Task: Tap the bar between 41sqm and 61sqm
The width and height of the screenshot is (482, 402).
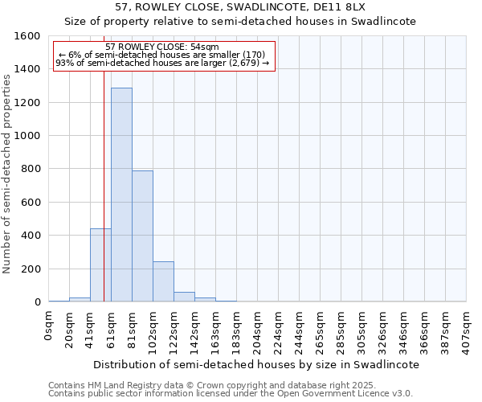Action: [x=100, y=265]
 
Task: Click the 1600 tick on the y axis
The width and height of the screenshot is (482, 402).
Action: [x=27, y=36]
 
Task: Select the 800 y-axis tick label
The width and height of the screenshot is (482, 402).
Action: [x=31, y=169]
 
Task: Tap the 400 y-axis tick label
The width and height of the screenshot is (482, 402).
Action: [x=31, y=236]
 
